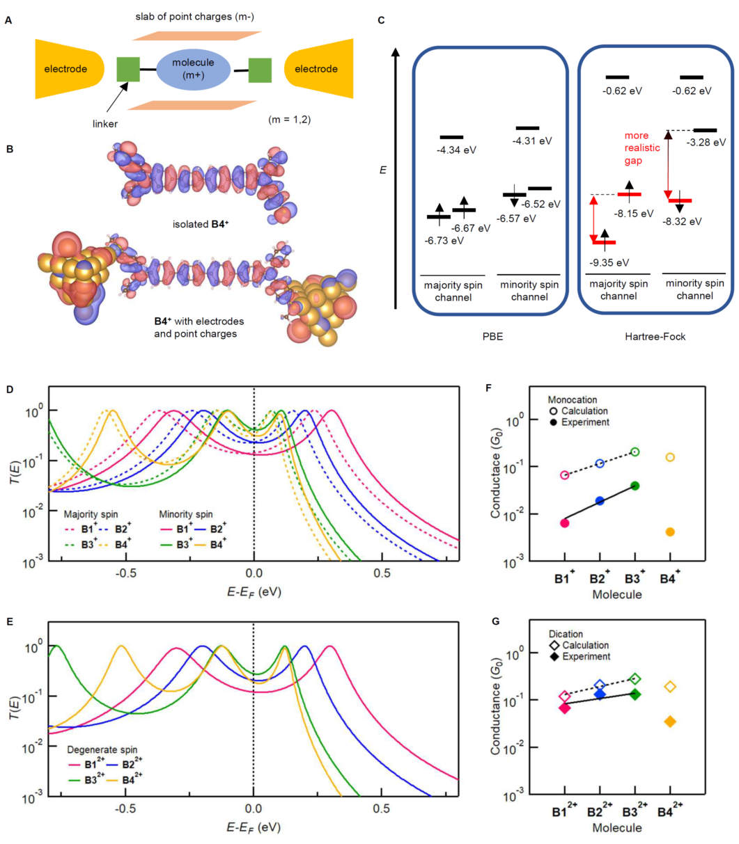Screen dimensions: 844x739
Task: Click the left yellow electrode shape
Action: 66,69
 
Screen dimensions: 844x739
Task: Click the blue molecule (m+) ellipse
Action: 193,69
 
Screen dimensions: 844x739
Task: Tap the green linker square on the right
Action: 260,70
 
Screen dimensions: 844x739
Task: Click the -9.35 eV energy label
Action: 610,262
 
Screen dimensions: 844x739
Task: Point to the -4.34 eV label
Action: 456,150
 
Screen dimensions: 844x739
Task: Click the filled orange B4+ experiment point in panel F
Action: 669,532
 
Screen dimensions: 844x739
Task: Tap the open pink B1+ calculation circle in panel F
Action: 565,475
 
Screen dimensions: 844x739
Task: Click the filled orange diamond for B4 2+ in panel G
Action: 670,722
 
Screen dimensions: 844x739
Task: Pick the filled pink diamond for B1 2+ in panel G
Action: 565,708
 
